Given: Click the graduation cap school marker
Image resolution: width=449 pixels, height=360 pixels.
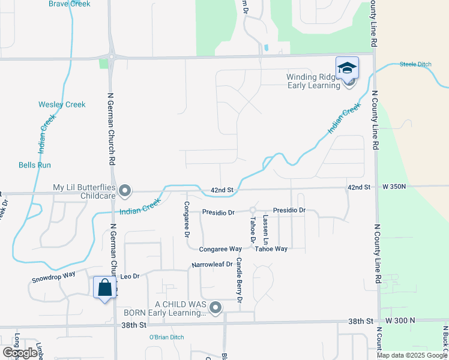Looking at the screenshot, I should point(347,68).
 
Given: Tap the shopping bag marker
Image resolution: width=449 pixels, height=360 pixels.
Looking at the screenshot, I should point(105,287).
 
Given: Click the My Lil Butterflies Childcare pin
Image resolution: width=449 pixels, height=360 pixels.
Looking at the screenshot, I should point(125,191).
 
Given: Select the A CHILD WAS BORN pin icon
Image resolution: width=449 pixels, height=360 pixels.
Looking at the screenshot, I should point(216,308).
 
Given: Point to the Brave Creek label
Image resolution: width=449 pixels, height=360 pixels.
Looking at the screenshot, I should point(70,4).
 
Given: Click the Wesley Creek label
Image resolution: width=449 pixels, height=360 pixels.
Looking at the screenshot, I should point(62,104).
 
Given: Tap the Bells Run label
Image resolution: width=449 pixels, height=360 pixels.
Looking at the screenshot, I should point(35,165).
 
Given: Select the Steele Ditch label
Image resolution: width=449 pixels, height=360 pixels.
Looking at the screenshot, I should point(417,64).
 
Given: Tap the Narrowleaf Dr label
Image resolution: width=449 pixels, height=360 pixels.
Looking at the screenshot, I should point(212,265).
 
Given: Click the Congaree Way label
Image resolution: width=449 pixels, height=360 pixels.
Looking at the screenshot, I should point(221,248).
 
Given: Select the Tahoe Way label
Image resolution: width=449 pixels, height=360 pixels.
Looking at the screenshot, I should point(271,248).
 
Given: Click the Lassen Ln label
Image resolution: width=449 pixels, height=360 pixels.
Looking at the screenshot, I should point(265,229).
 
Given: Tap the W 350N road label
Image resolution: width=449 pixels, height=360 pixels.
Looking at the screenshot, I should point(394,187).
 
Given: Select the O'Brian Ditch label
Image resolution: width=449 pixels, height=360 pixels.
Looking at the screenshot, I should point(167,337).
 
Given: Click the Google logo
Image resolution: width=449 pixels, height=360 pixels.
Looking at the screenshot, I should point(20,353).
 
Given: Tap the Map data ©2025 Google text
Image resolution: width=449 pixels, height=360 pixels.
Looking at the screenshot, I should point(411,355).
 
